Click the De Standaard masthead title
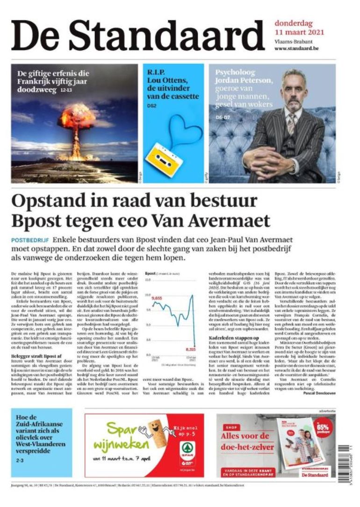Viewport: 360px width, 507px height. pyautogui.click(x=137, y=36)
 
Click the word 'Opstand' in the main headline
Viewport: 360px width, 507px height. pyautogui.click(x=49, y=202)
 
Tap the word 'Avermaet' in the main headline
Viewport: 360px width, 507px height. pyautogui.click(x=229, y=220)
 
